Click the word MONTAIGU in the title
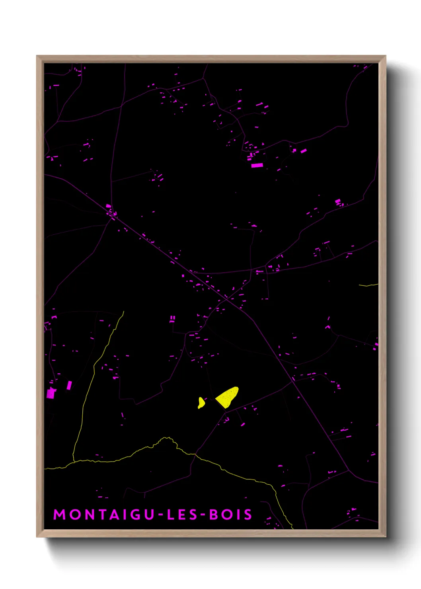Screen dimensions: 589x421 point(103,515)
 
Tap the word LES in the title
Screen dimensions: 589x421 point(182,515)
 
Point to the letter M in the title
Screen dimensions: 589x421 point(59,515)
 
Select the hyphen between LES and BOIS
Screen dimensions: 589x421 point(203,515)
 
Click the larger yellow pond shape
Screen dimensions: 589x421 point(228,397)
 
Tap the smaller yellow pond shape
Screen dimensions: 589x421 point(201,403)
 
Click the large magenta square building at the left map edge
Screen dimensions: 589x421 point(51,394)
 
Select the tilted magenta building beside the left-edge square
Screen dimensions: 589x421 point(69,385)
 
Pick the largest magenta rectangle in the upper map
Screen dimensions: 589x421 point(257,165)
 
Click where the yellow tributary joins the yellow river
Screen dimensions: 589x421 point(74,462)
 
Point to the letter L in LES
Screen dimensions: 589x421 point(170,515)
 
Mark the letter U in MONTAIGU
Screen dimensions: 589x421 point(149,515)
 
